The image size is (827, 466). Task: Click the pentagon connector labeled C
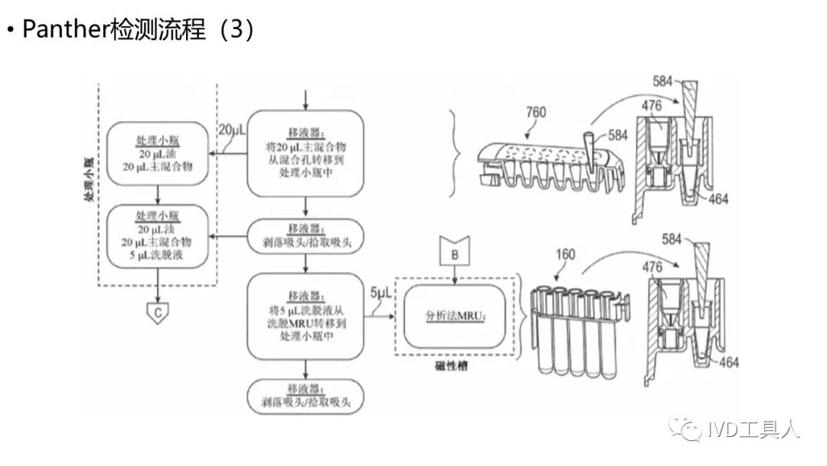[158, 312]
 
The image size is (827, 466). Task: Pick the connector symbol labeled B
[454, 249]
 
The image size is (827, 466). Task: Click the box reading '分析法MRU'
[455, 315]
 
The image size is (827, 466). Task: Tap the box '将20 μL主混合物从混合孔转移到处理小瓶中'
[306, 153]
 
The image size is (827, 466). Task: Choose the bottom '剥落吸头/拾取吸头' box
[306, 396]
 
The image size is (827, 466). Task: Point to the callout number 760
[536, 113]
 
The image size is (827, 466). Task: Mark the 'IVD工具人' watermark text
[759, 429]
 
